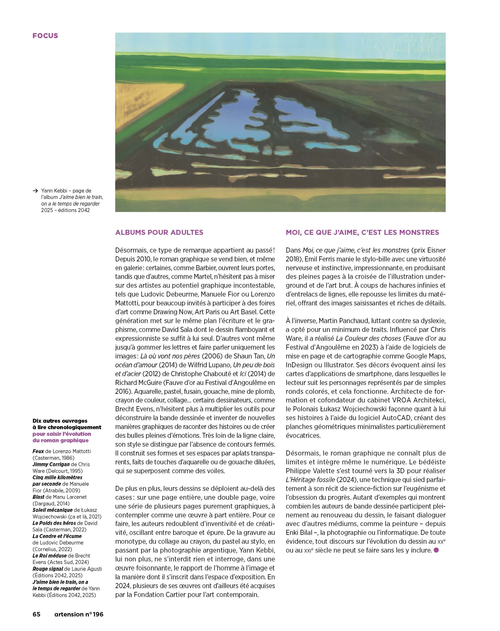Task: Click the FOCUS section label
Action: (45, 36)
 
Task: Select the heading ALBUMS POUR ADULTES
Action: (159, 232)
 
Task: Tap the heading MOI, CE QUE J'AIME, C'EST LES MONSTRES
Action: (362, 232)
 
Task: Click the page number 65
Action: (37, 614)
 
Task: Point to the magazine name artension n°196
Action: (79, 614)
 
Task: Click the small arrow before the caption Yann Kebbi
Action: (35, 191)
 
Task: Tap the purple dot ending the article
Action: (436, 550)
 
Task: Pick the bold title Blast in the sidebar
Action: (38, 497)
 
